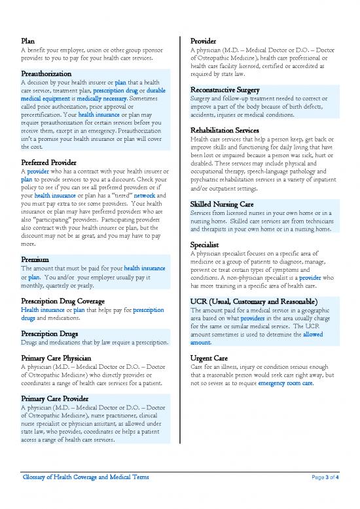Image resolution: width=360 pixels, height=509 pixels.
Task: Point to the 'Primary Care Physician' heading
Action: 62,358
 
